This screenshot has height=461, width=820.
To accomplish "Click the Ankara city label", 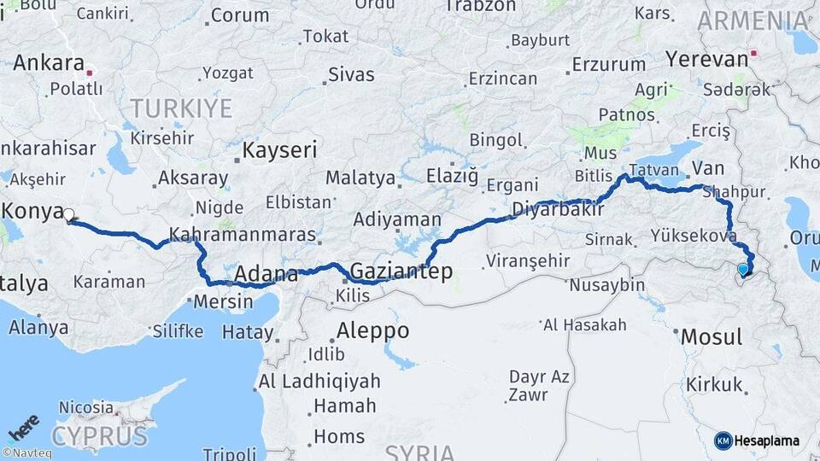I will [x=49, y=62].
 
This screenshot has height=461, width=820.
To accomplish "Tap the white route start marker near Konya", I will [x=68, y=216].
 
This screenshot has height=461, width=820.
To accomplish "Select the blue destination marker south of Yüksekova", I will [x=743, y=270].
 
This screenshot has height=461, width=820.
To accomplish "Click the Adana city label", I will [x=266, y=274].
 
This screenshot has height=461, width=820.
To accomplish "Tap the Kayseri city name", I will [x=279, y=150].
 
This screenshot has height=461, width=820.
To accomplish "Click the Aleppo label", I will [x=372, y=330].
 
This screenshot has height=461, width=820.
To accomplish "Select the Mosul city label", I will [x=712, y=336].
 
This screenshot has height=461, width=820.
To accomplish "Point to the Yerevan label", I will [x=706, y=58].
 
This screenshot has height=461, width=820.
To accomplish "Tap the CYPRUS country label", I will [x=99, y=436].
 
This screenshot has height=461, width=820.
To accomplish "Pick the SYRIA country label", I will [x=419, y=452].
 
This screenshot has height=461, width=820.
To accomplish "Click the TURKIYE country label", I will [x=180, y=108].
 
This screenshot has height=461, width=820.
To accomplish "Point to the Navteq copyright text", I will [x=27, y=453].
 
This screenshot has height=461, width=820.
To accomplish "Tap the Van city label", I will [x=708, y=166].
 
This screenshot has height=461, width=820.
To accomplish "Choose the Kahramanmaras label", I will [x=243, y=233].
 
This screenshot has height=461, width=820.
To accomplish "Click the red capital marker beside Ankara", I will [x=90, y=73].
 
